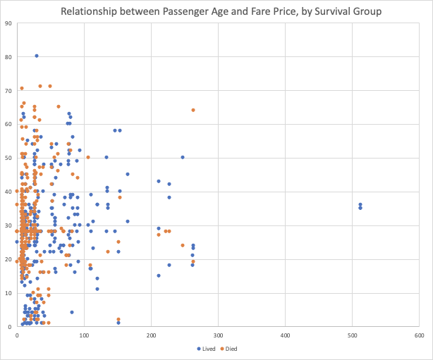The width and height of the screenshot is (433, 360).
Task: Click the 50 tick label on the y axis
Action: (8, 158)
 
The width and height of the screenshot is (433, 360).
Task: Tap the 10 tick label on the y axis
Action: (8, 293)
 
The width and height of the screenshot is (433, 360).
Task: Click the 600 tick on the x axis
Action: (419, 334)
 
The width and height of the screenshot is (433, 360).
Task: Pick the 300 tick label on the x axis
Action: (218, 334)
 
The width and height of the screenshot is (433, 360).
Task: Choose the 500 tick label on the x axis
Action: (352, 334)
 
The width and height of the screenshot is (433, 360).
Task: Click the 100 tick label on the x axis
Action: (84, 334)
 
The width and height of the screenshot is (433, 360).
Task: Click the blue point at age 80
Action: (37, 56)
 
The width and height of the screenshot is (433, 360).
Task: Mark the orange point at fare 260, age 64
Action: (193, 110)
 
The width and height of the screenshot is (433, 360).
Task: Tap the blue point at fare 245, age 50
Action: (182, 157)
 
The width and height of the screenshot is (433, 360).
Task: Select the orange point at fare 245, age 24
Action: (182, 245)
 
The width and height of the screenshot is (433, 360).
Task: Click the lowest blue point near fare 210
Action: (159, 275)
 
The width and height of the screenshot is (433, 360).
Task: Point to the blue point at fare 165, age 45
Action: (128, 174)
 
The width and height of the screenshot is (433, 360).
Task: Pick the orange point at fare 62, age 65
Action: (59, 106)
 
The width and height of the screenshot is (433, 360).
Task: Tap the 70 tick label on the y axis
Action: (8, 90)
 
